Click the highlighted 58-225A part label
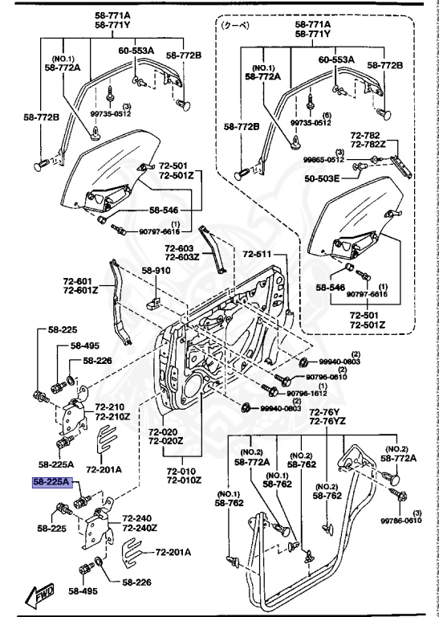[52, 482]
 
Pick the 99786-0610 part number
[405, 520]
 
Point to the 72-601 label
[80, 281]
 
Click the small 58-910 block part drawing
[153, 302]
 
